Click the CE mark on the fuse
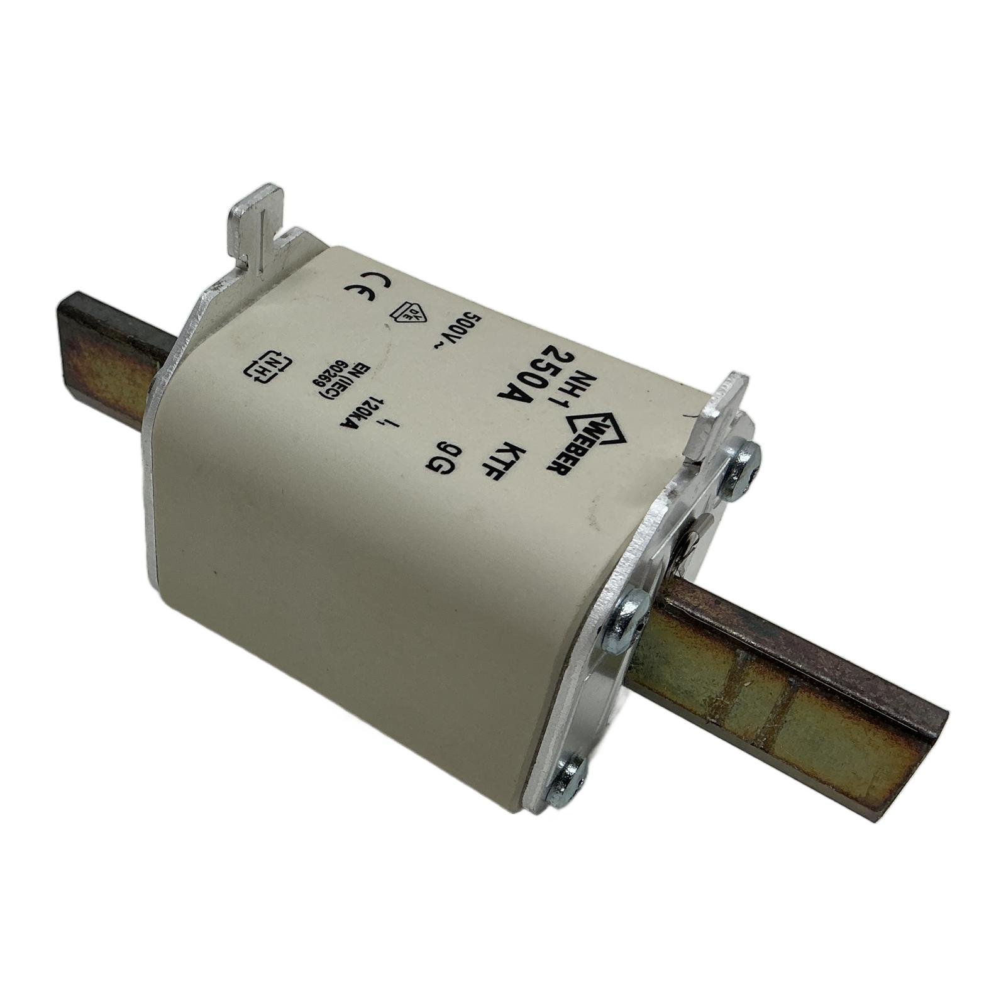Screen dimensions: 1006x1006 [x=367, y=289]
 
